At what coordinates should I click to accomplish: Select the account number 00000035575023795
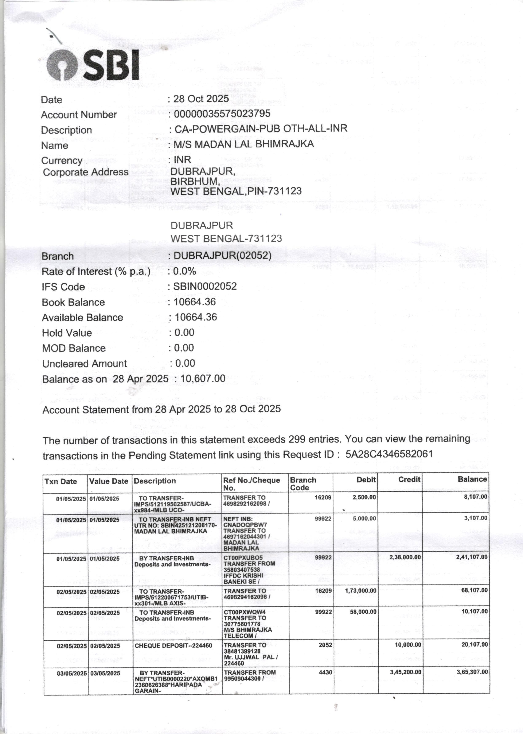[222, 114]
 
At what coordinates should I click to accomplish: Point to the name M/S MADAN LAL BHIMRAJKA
[244, 144]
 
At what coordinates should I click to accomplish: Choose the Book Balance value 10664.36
[195, 302]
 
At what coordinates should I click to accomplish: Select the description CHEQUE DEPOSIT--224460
[173, 646]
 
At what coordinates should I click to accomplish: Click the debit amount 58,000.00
[363, 612]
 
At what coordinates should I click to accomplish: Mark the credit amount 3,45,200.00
[405, 672]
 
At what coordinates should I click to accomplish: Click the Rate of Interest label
[96, 272]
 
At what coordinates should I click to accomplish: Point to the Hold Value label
[67, 333]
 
